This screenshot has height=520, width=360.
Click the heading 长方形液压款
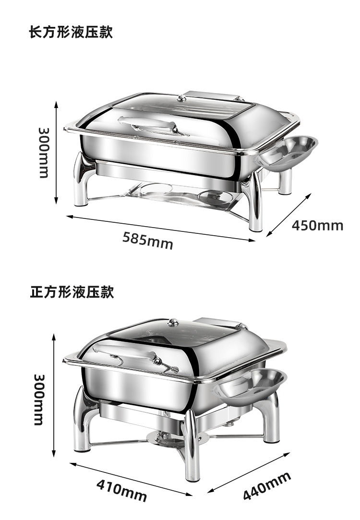pos(71,33)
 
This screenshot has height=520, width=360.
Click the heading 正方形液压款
pos(72,291)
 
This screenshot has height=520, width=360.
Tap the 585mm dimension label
pos(147,240)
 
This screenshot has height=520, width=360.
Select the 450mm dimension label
pos(317,225)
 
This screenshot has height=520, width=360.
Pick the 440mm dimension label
pos(266,486)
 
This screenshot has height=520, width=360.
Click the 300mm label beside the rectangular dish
pos(44,152)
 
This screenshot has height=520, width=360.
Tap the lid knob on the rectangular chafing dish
pos(181,99)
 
